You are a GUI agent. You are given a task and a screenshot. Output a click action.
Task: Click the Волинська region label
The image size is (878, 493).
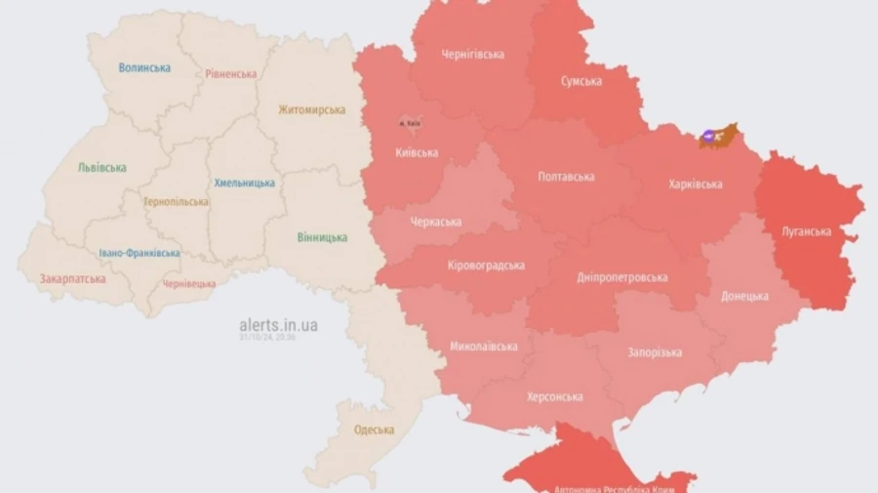(144, 67)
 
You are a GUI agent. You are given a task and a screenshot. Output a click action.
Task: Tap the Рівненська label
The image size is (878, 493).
(231, 74)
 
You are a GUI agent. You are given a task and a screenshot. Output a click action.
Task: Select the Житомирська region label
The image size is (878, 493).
(312, 109)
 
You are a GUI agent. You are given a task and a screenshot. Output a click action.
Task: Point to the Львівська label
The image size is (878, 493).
(102, 167)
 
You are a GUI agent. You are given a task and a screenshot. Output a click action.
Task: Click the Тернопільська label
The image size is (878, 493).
(176, 202)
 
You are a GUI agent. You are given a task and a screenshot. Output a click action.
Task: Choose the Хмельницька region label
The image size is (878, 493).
(244, 183)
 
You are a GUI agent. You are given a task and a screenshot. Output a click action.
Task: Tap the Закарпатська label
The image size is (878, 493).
(72, 279)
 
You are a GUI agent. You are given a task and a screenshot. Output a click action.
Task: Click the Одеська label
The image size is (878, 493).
(374, 430)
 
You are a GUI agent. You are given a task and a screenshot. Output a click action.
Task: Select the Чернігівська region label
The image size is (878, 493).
(473, 55)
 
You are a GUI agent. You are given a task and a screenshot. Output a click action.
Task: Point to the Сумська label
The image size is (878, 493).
(581, 81)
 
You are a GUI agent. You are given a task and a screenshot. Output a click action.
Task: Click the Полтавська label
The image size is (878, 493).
(567, 177)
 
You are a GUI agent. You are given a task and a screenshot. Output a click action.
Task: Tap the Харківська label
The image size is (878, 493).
(697, 184)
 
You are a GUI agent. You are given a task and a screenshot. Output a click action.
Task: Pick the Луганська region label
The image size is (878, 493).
(807, 231)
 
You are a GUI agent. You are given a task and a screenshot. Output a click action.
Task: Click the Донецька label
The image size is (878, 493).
(744, 296)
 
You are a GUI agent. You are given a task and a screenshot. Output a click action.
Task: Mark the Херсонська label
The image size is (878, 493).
(555, 396)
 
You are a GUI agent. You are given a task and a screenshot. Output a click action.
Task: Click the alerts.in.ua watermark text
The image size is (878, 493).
(278, 325)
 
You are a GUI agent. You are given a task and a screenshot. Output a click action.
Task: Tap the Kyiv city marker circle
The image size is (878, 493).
(406, 123)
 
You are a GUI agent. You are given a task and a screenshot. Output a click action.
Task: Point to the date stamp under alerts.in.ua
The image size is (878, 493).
(268, 338)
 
